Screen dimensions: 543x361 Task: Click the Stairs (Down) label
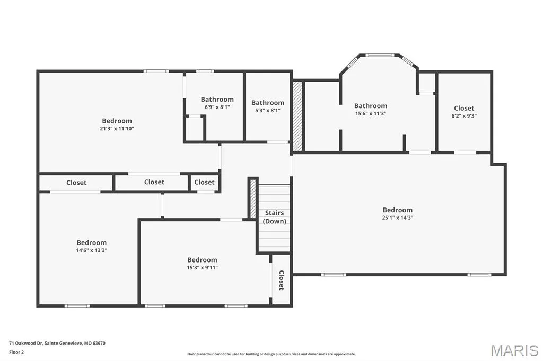(274, 217)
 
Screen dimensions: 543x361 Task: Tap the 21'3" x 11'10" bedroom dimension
(117, 128)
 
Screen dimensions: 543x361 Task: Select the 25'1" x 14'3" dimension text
(398, 218)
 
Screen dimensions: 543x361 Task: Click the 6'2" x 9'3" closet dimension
(463, 116)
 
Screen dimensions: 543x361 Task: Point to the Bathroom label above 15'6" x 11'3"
(371, 105)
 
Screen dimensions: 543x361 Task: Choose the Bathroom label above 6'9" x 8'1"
(217, 99)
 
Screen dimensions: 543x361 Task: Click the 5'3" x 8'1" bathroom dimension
(268, 110)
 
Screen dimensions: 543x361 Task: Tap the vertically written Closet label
(282, 280)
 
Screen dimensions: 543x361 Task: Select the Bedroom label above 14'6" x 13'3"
(91, 242)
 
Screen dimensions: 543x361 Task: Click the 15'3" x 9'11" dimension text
(202, 267)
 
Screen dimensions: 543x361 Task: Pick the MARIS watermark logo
(514, 350)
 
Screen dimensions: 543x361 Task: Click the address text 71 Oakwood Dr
(25, 343)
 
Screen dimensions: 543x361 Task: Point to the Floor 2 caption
(16, 353)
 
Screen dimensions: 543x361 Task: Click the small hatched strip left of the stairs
(253, 199)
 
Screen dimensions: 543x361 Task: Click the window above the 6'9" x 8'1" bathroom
(205, 71)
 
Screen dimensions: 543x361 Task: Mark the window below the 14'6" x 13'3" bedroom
(77, 305)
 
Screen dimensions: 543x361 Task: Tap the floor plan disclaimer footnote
(271, 354)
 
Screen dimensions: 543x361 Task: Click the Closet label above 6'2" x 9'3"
(464, 108)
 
